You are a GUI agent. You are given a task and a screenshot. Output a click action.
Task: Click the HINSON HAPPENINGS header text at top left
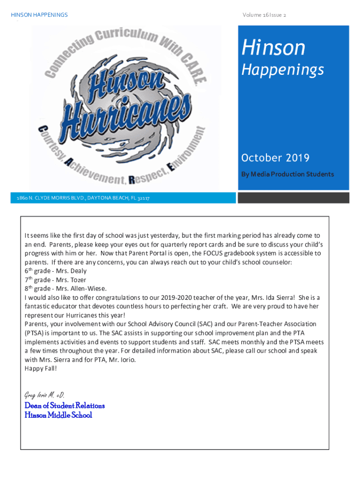[39, 15]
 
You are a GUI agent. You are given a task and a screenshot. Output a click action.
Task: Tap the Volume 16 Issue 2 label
[264, 15]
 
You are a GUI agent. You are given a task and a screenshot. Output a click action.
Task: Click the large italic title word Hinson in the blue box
[274, 48]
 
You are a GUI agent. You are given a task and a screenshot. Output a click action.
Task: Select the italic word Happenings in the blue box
[282, 70]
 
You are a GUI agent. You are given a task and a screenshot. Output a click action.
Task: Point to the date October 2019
[275, 158]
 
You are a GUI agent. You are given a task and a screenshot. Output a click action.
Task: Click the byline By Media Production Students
[287, 174]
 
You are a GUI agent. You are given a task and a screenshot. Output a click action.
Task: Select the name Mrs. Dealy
[72, 271]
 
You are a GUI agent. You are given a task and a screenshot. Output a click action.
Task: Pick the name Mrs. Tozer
[72, 280]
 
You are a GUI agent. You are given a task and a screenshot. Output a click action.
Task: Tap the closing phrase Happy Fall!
[41, 368]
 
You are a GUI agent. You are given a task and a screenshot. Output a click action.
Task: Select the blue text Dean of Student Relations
[65, 406]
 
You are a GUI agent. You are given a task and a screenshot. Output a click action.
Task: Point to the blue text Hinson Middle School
[58, 415]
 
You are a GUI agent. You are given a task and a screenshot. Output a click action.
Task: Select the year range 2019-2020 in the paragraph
[176, 298]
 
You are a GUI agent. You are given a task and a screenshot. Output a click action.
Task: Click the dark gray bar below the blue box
[293, 198]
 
